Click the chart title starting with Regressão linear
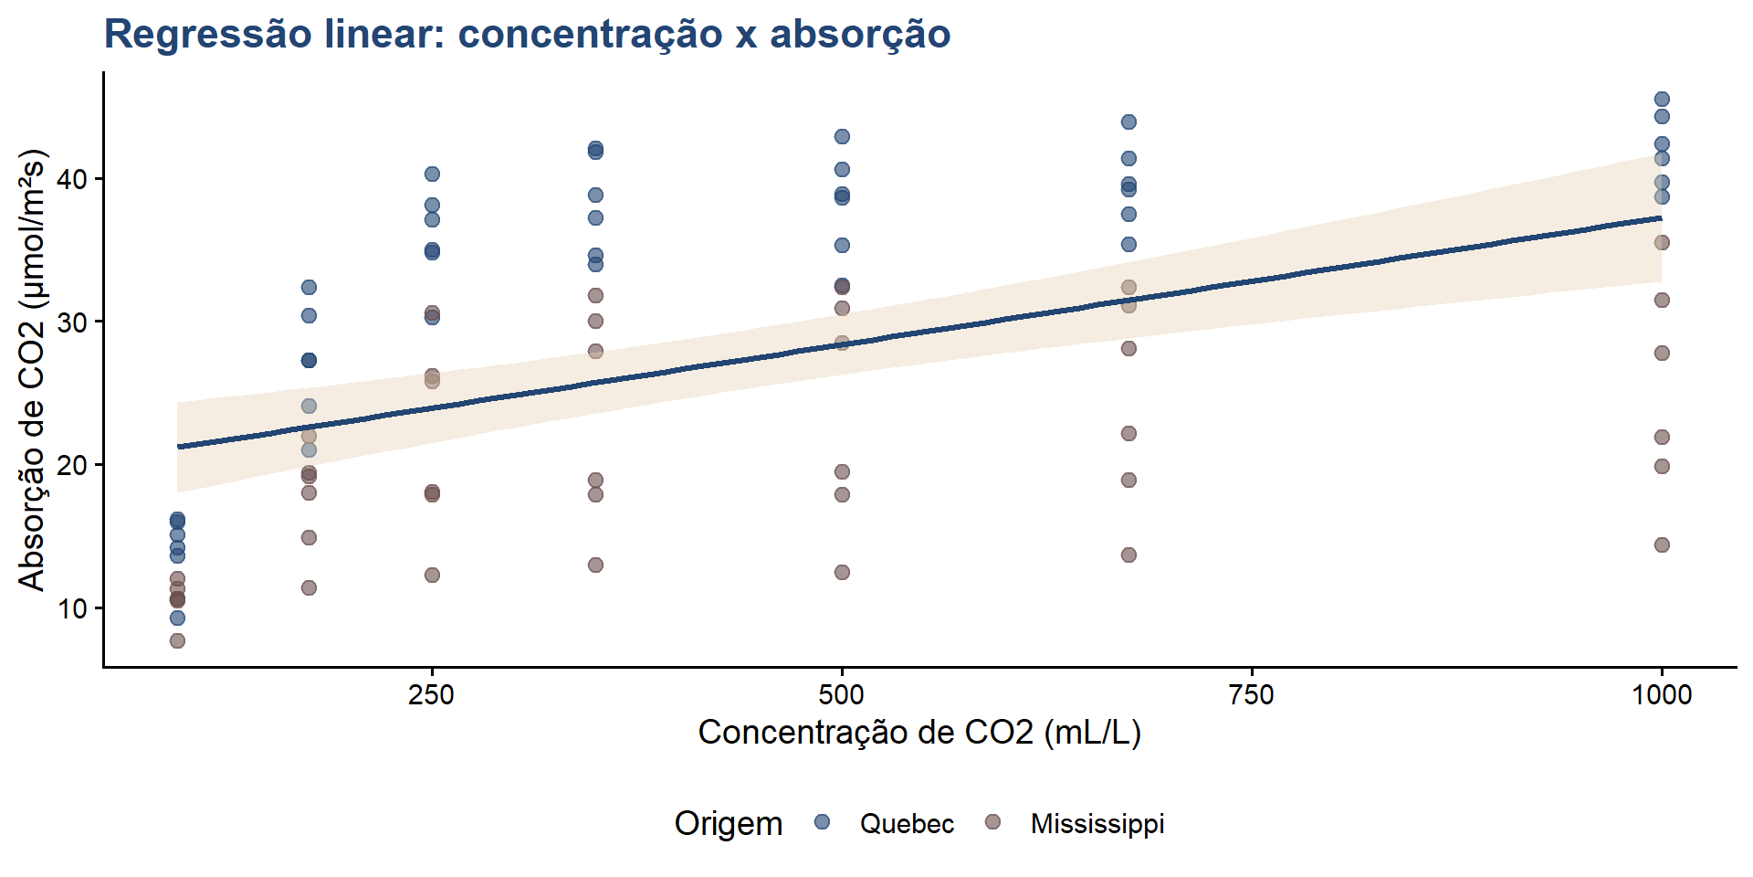point(527,35)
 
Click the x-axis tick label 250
point(431,695)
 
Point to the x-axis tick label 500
point(841,695)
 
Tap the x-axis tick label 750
point(1251,695)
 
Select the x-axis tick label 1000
point(1661,695)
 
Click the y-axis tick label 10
point(72,608)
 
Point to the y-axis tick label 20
point(72,465)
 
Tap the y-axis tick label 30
point(72,322)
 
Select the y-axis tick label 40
point(72,179)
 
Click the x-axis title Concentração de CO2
point(919,733)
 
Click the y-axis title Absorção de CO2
point(32,370)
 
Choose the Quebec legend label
point(907,824)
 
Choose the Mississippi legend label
point(1097,824)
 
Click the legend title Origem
point(728,824)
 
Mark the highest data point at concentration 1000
point(1662,100)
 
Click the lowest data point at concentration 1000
point(1662,544)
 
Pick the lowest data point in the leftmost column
point(177,640)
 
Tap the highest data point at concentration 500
point(842,137)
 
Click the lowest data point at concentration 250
point(432,575)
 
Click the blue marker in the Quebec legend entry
point(822,822)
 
